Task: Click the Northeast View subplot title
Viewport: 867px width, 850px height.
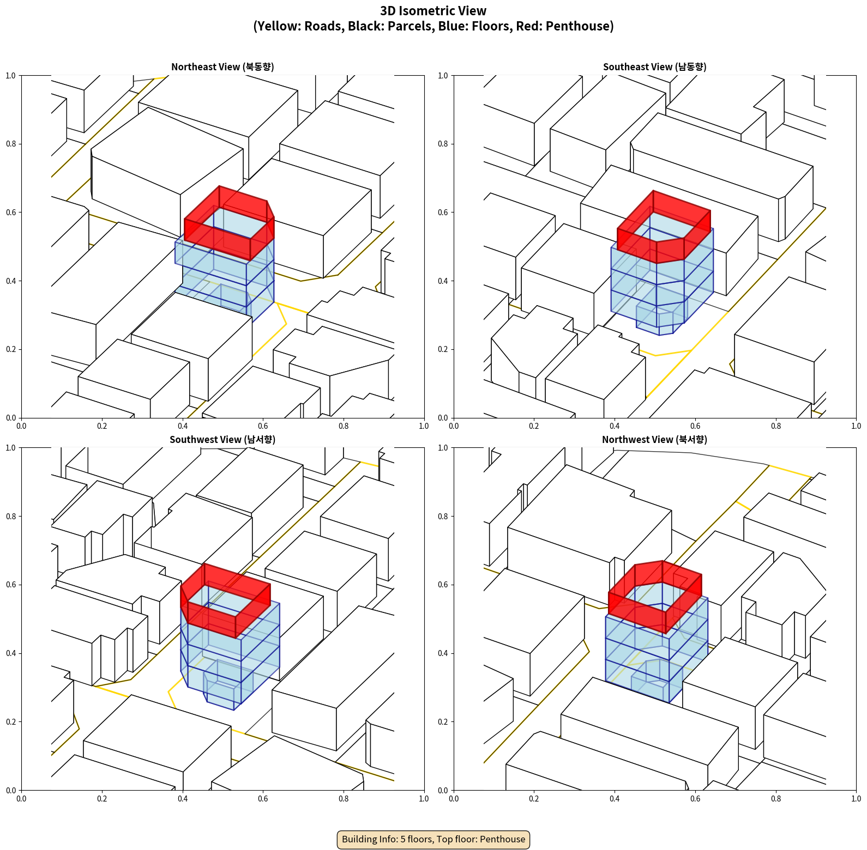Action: [222, 67]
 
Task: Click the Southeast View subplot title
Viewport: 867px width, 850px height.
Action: [654, 67]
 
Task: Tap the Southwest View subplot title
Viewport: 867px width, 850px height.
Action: [222, 440]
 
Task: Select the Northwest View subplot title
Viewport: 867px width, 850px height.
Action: [654, 440]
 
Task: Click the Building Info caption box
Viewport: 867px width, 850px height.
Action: [433, 839]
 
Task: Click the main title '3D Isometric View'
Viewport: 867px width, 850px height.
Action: [433, 11]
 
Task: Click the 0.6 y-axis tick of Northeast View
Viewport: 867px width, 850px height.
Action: [11, 212]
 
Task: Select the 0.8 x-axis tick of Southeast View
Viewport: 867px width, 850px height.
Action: [776, 426]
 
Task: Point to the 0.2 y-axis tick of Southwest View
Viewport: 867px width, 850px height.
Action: [11, 722]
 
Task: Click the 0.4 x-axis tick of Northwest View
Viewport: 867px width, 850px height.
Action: [615, 799]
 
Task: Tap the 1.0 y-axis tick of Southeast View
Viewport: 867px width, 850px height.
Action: [443, 76]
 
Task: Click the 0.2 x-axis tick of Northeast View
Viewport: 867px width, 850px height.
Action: [102, 426]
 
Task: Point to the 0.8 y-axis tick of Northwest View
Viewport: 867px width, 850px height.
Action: [443, 517]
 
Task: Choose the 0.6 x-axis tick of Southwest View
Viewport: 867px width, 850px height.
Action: [263, 799]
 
